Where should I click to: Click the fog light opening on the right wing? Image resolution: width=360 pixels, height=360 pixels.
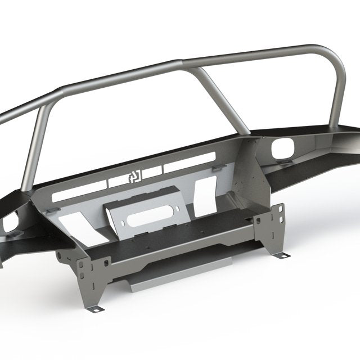point(280,149)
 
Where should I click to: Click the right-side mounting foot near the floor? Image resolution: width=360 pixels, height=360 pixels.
point(281,255)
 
